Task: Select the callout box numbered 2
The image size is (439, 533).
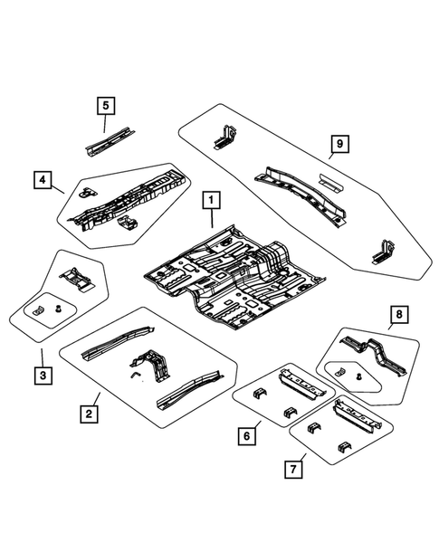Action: (x=88, y=414)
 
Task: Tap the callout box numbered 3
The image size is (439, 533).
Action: (x=41, y=376)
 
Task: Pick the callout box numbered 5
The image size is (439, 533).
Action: (x=106, y=107)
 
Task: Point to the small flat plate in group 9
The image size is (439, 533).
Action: (x=328, y=181)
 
